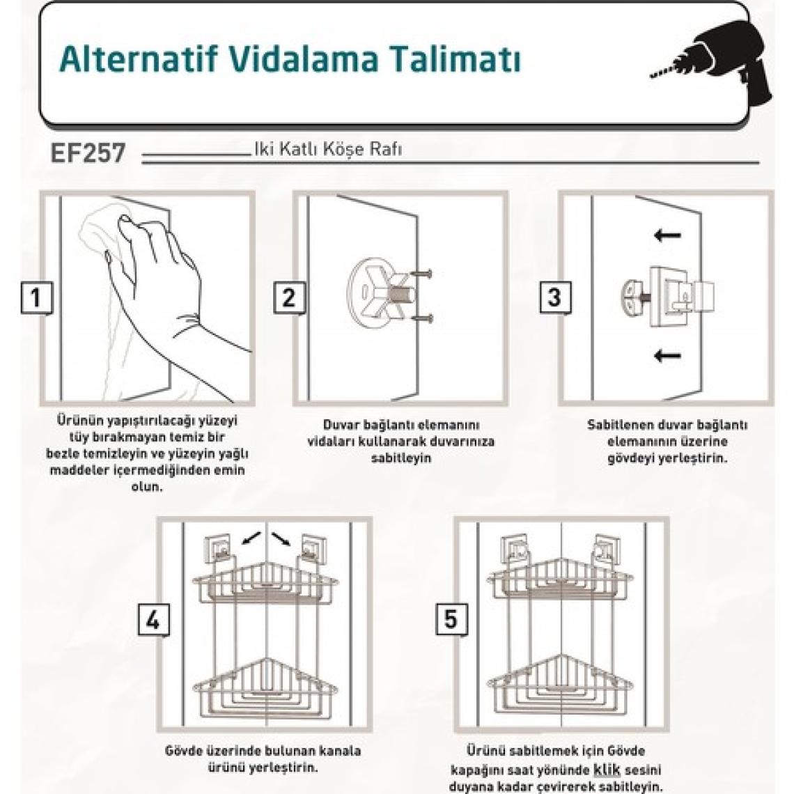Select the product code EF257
(88, 153)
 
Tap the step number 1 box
(36, 298)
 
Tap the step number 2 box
(289, 298)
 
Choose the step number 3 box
(555, 298)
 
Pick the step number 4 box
(153, 620)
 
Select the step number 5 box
(452, 620)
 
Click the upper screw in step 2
(422, 274)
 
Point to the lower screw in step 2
(422, 318)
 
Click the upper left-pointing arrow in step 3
(667, 235)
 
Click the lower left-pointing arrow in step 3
(667, 355)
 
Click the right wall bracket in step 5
(607, 549)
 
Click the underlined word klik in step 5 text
(607, 770)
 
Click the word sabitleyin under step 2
(401, 458)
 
